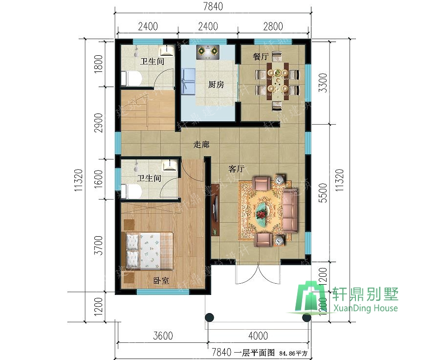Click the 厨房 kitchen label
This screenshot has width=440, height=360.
(x=216, y=85)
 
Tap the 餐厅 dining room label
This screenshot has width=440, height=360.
(x=261, y=56)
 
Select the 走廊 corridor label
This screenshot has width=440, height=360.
(x=201, y=145)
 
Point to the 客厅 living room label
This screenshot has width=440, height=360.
(x=237, y=169)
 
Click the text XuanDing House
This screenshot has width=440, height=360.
(x=365, y=308)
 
